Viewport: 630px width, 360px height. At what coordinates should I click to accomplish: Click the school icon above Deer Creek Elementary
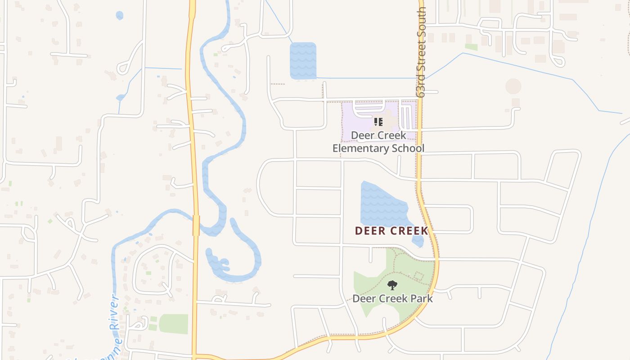pos(378,121)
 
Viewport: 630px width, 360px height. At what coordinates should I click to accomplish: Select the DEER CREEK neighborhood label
pos(391,231)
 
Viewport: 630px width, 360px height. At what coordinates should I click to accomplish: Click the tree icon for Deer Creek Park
pos(392,285)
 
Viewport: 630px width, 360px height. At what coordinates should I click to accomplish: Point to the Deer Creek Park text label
pos(392,298)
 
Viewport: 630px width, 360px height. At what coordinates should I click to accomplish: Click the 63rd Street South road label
pos(421,52)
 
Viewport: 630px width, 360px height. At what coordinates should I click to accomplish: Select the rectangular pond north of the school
pos(303,61)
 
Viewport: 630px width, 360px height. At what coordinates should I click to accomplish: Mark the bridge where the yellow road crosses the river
pos(196,225)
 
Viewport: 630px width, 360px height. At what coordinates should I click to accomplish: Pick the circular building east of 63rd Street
pos(513,86)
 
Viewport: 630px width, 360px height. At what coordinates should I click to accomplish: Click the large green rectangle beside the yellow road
pos(173,324)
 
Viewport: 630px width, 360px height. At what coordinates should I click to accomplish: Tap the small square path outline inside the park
pos(419,276)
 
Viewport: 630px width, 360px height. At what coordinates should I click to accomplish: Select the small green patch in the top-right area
pos(471,47)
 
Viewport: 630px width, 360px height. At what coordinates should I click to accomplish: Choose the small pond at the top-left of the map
pos(119,15)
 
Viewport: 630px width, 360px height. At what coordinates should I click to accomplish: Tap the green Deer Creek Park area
pos(369,283)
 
